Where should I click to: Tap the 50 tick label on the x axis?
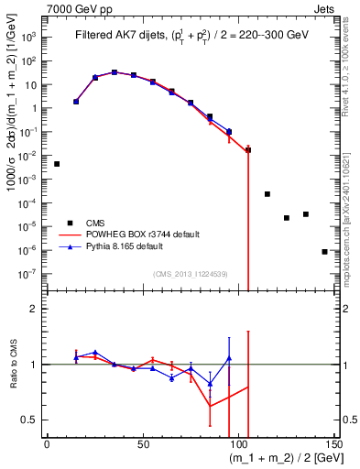click(142, 444)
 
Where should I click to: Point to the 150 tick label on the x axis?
click(334, 444)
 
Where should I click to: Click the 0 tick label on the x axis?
click(47, 444)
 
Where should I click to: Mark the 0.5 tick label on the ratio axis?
click(30, 420)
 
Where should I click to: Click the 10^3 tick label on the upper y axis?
click(30, 38)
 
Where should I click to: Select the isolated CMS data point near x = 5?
click(57, 164)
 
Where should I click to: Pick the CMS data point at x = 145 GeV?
click(324, 251)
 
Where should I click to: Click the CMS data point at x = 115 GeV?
click(267, 194)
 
